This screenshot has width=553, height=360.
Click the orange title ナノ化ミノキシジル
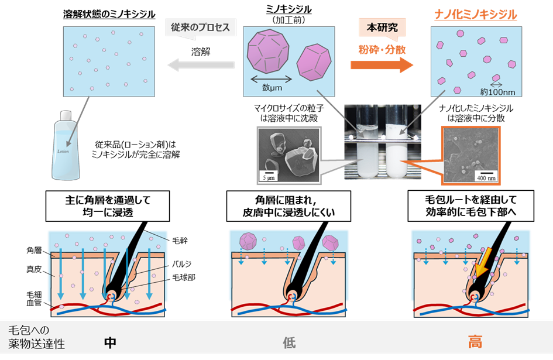pyautogui.click(x=475, y=14)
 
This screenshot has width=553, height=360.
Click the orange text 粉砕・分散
pyautogui.click(x=382, y=50)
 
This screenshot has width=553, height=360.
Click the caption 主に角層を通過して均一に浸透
pyautogui.click(x=109, y=206)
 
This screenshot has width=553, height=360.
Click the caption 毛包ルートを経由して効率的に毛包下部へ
pyautogui.click(x=472, y=206)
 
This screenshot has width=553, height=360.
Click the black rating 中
pyautogui.click(x=109, y=343)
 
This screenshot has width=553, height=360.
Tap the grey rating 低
pyautogui.click(x=290, y=343)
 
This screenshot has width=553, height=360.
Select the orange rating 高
pyautogui.click(x=475, y=343)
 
